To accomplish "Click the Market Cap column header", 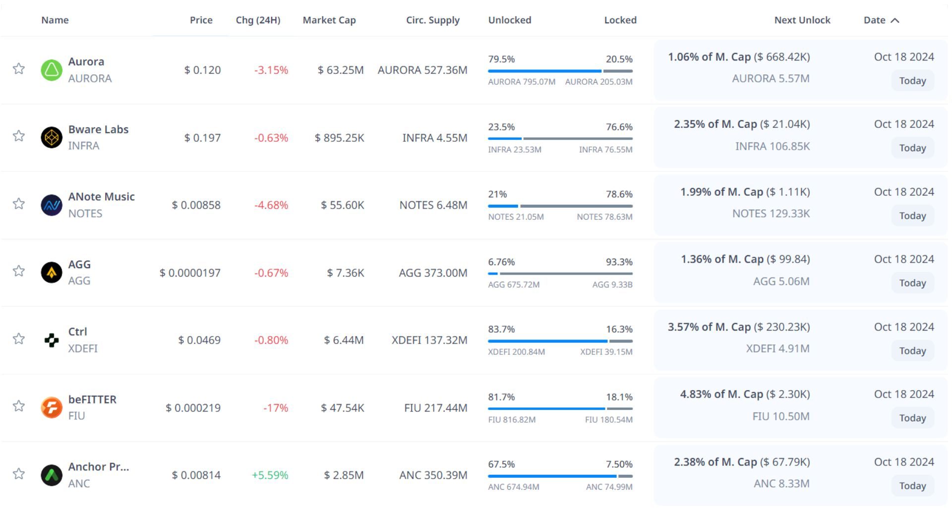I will click(329, 20).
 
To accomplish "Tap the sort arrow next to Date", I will click(895, 20).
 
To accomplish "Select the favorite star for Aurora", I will click(19, 68).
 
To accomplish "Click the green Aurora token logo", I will click(52, 70).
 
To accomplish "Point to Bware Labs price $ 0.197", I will click(202, 138).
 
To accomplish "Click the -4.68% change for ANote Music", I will click(271, 205).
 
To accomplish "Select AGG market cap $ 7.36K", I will click(345, 273).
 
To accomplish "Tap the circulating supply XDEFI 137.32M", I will click(429, 341).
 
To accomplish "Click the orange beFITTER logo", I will click(52, 408).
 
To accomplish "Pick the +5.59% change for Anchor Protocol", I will click(270, 475).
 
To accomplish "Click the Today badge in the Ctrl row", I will click(912, 351).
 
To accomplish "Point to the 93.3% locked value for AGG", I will click(619, 262).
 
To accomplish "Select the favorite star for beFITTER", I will click(19, 406).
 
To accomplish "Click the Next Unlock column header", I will click(802, 20).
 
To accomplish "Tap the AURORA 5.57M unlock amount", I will click(771, 79).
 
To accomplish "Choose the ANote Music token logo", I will click(52, 205).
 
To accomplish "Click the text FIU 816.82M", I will click(512, 420).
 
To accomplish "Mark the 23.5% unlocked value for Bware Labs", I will click(501, 127).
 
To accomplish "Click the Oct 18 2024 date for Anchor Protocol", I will click(904, 462).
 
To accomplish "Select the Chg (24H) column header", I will click(258, 20).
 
